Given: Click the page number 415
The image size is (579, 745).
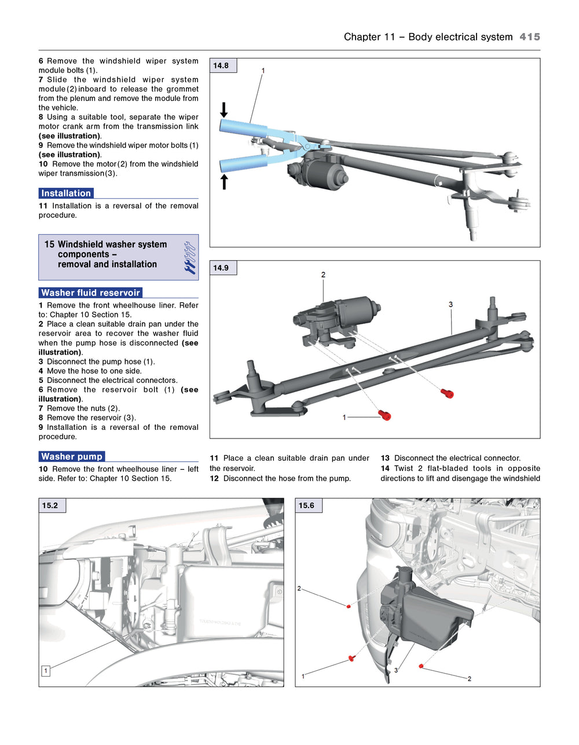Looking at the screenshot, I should tap(529, 36).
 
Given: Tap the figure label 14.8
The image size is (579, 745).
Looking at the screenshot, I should tap(221, 65).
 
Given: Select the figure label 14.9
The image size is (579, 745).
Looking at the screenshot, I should tap(221, 268).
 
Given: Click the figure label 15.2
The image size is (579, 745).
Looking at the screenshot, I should tap(50, 506).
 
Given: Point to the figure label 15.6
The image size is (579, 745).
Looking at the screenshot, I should tap(307, 506).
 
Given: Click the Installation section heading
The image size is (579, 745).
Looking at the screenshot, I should tap(66, 193).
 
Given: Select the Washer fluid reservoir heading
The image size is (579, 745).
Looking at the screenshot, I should tap(90, 293).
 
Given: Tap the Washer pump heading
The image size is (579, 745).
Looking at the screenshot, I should tap(72, 457).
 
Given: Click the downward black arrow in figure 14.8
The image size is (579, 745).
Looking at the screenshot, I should tap(224, 109).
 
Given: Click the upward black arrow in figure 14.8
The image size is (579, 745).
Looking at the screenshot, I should tap(224, 182).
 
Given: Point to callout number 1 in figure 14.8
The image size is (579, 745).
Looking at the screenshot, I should tap(263, 71).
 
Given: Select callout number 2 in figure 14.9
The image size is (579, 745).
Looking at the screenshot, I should tap(323, 275).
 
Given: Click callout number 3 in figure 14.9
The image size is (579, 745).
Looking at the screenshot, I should tap(450, 304).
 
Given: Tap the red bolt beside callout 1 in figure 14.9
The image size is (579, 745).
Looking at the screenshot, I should tap(385, 415).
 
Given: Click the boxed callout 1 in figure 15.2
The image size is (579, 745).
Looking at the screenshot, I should tap(46, 671).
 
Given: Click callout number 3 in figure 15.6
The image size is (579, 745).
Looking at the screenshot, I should tap(396, 670).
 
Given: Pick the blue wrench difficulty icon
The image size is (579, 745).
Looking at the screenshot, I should tap(189, 258).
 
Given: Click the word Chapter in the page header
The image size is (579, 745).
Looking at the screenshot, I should tap(361, 36).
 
